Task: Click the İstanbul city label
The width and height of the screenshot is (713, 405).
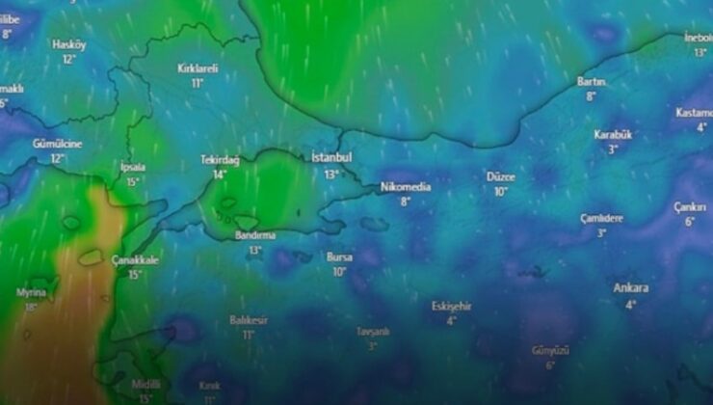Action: pyautogui.click(x=332, y=157)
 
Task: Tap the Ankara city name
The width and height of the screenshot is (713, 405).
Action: pyautogui.click(x=630, y=287)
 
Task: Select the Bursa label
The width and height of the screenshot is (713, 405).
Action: pyautogui.click(x=339, y=257)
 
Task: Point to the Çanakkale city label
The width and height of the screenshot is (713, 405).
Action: pyautogui.click(x=134, y=259)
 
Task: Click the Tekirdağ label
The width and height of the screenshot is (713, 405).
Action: pyautogui.click(x=220, y=160)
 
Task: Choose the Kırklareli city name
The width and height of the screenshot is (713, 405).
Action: pyautogui.click(x=198, y=68)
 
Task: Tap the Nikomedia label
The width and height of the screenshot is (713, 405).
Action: pyautogui.click(x=405, y=186)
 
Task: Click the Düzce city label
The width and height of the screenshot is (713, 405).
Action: pyautogui.click(x=501, y=176)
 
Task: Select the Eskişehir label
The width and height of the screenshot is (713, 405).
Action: pyautogui.click(x=451, y=306)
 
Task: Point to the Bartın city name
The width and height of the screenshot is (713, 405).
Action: pyautogui.click(x=591, y=81)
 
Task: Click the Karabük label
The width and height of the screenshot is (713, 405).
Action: pyautogui.click(x=613, y=135)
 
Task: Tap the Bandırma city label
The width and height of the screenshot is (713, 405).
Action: pyautogui.click(x=255, y=234)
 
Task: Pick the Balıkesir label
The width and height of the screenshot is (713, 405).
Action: pyautogui.click(x=249, y=319)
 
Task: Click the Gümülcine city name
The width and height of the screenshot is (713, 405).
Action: pyautogui.click(x=57, y=143)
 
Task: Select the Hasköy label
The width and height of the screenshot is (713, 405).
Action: pyautogui.click(x=68, y=44)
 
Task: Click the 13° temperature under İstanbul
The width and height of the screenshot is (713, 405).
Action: pyautogui.click(x=332, y=175)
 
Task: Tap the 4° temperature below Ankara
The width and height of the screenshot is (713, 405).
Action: pyautogui.click(x=631, y=304)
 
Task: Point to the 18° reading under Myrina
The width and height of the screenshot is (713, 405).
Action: pyautogui.click(x=32, y=308)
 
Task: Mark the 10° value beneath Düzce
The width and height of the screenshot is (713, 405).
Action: pyautogui.click(x=501, y=192)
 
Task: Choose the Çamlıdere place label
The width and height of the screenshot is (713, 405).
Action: pyautogui.click(x=601, y=218)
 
